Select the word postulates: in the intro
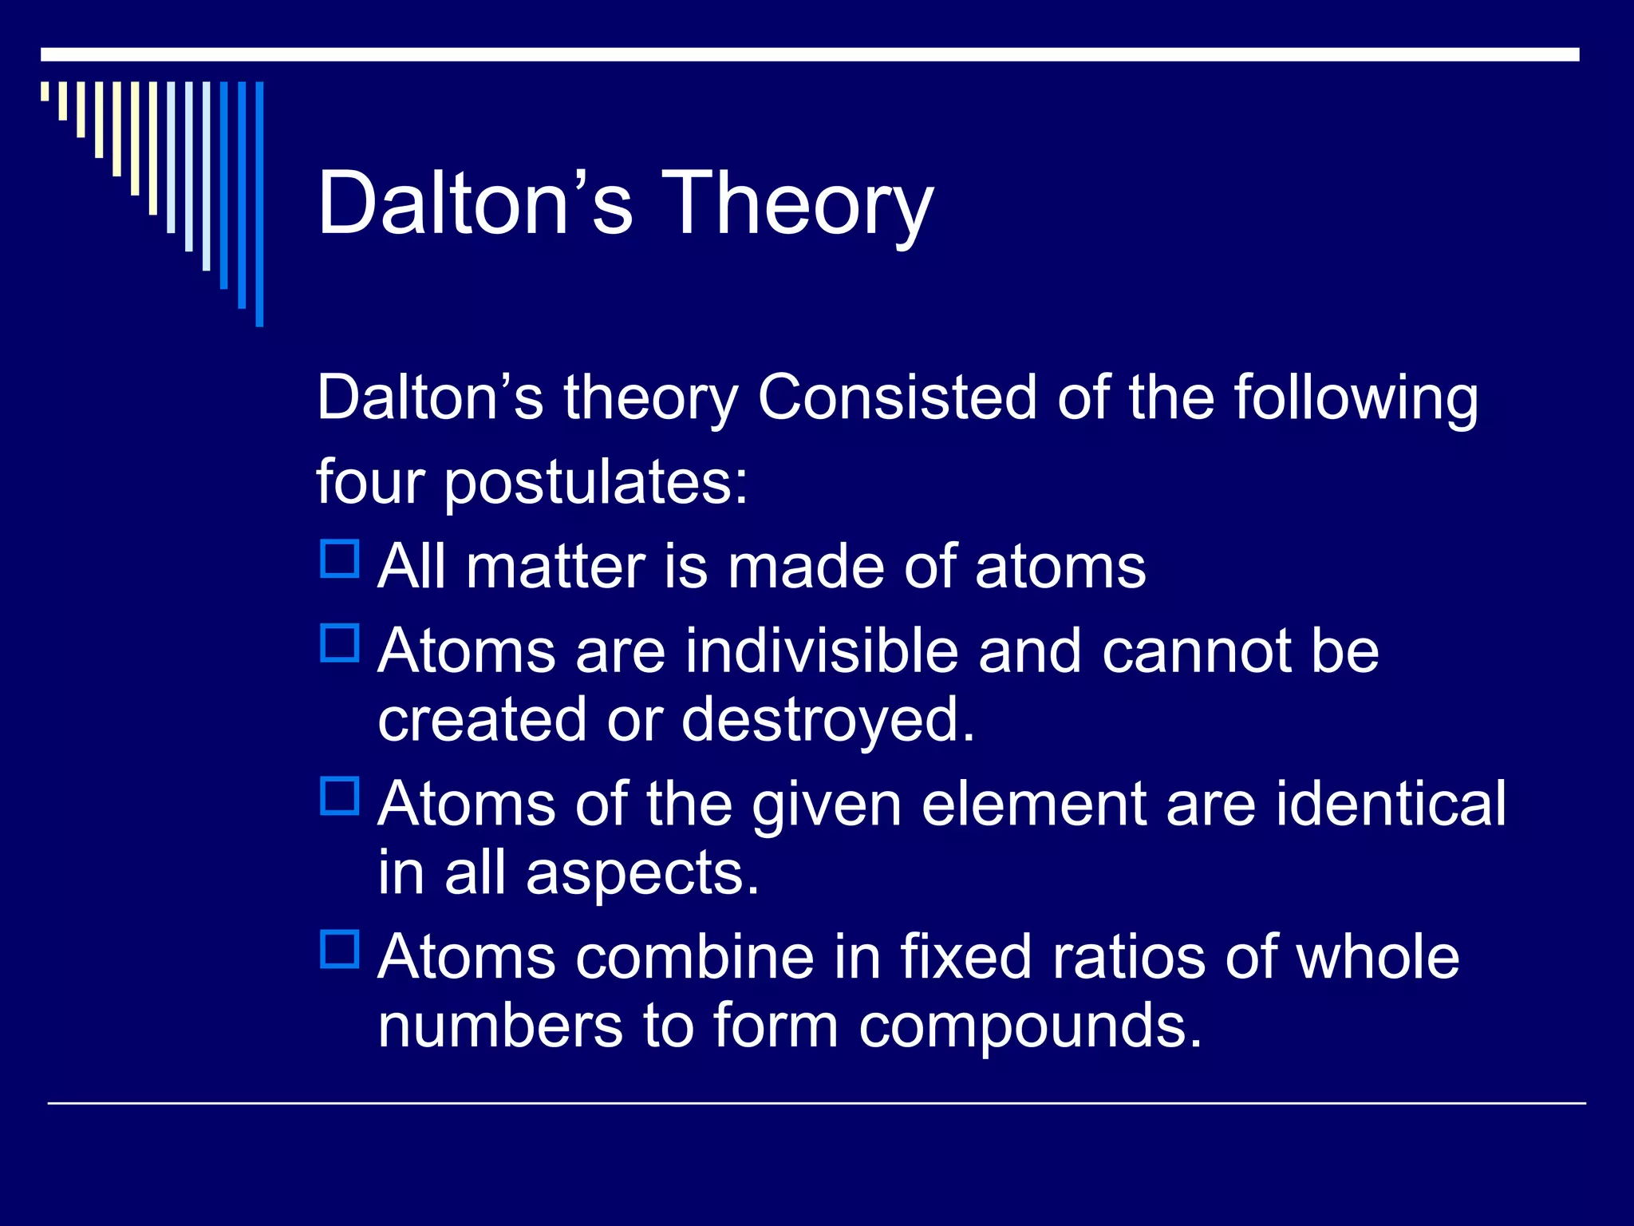596,483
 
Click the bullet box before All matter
340,560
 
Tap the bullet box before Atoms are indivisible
340,643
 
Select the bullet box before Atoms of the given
340,796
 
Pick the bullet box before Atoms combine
340,949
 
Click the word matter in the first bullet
555,568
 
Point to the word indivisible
822,651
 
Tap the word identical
1391,804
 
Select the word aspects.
642,873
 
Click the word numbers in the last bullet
500,1026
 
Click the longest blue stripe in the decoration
259,204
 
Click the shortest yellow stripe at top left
45,91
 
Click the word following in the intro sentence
1356,397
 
